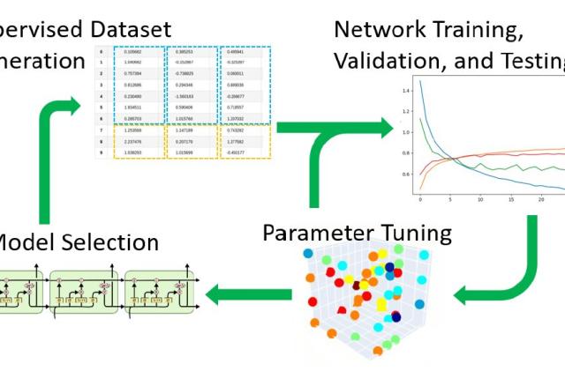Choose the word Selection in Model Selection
110,242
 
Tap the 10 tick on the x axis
480,200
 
